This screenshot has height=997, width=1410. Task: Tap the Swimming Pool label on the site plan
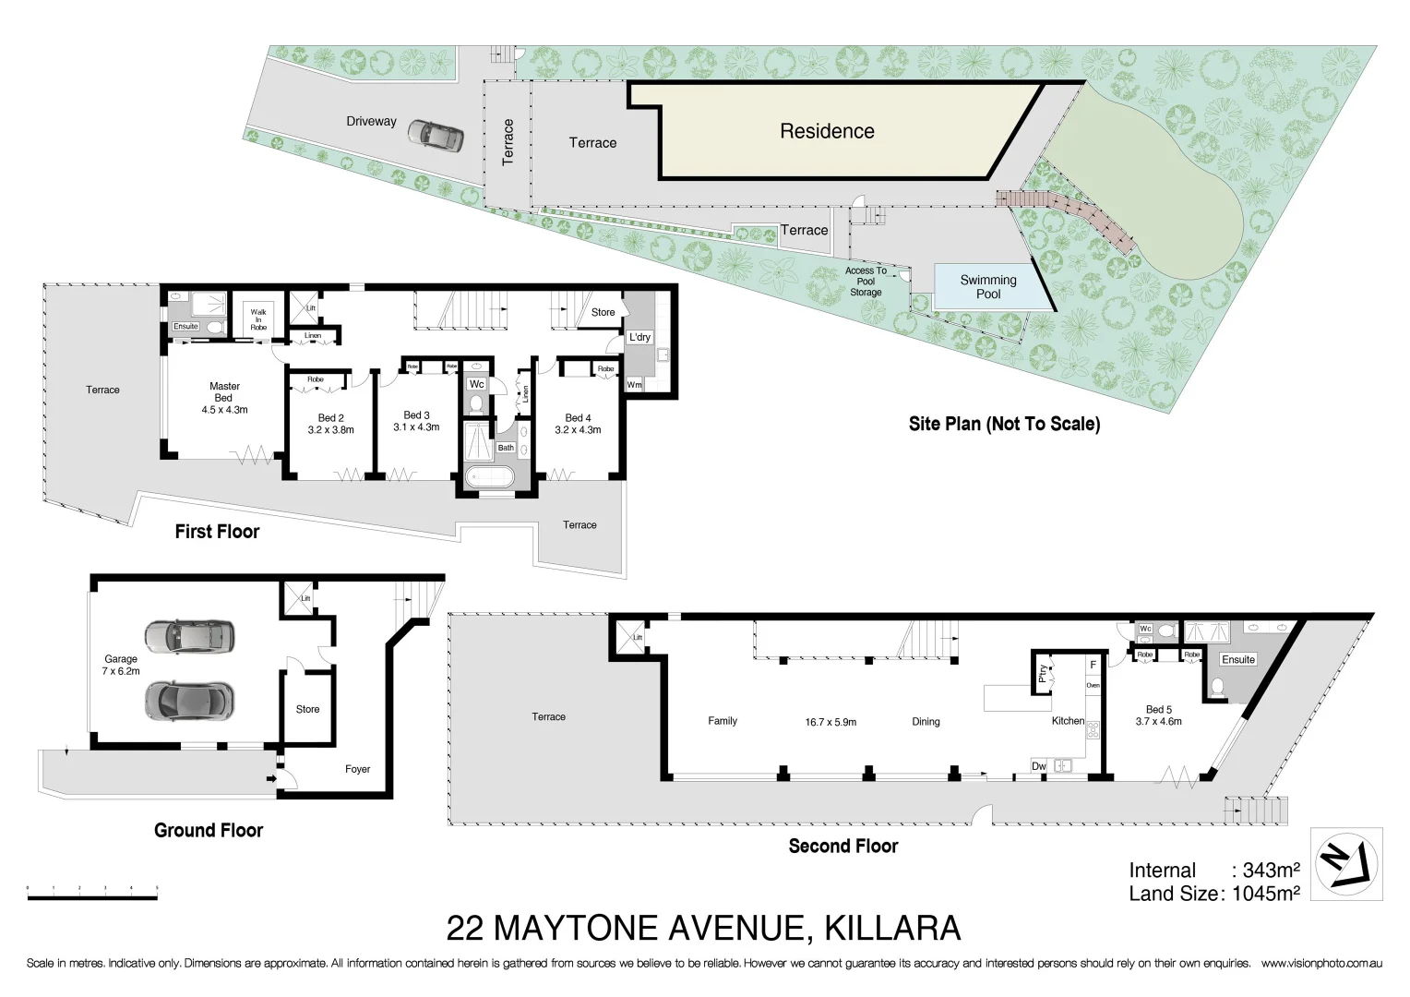(x=987, y=287)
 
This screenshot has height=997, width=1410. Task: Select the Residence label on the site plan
(x=827, y=131)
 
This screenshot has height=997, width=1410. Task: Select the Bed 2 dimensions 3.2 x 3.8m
(x=330, y=430)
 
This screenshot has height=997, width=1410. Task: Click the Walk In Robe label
(x=258, y=319)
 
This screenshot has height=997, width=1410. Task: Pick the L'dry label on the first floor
(x=639, y=338)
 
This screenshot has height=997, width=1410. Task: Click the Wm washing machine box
(x=635, y=384)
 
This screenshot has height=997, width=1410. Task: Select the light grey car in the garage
(x=189, y=635)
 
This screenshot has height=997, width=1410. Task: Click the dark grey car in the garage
(x=189, y=700)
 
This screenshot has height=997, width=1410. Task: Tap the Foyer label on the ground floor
(x=357, y=769)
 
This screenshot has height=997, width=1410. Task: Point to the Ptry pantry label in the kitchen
(x=1043, y=671)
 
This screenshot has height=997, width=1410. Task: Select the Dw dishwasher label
(x=1039, y=765)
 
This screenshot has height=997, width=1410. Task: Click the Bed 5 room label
(x=1158, y=709)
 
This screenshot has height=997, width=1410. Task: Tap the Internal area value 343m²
(x=1271, y=870)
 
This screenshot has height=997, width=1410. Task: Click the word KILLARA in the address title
(x=892, y=927)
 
